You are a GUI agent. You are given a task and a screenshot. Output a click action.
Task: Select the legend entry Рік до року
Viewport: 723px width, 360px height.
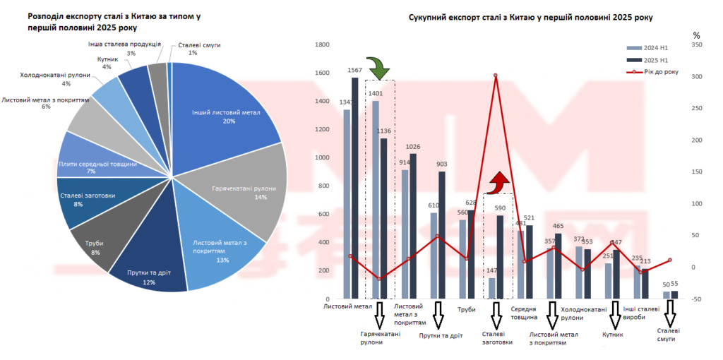click(660, 71)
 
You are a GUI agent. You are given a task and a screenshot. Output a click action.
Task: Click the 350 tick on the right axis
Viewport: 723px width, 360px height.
click(697, 44)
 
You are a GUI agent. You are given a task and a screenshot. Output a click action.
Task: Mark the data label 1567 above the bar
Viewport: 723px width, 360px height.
click(354, 71)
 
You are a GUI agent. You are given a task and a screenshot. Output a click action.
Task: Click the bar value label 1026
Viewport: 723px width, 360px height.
click(412, 146)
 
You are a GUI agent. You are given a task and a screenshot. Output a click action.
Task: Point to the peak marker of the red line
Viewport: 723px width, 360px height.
click(496, 76)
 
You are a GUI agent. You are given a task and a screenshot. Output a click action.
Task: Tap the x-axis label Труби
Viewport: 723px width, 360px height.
click(467, 308)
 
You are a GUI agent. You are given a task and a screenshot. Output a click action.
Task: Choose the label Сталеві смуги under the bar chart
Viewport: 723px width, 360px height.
click(668, 335)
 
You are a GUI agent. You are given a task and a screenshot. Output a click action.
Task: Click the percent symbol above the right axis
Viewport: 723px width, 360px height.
click(696, 35)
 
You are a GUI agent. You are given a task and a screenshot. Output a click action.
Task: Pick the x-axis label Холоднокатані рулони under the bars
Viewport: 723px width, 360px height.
click(583, 313)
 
